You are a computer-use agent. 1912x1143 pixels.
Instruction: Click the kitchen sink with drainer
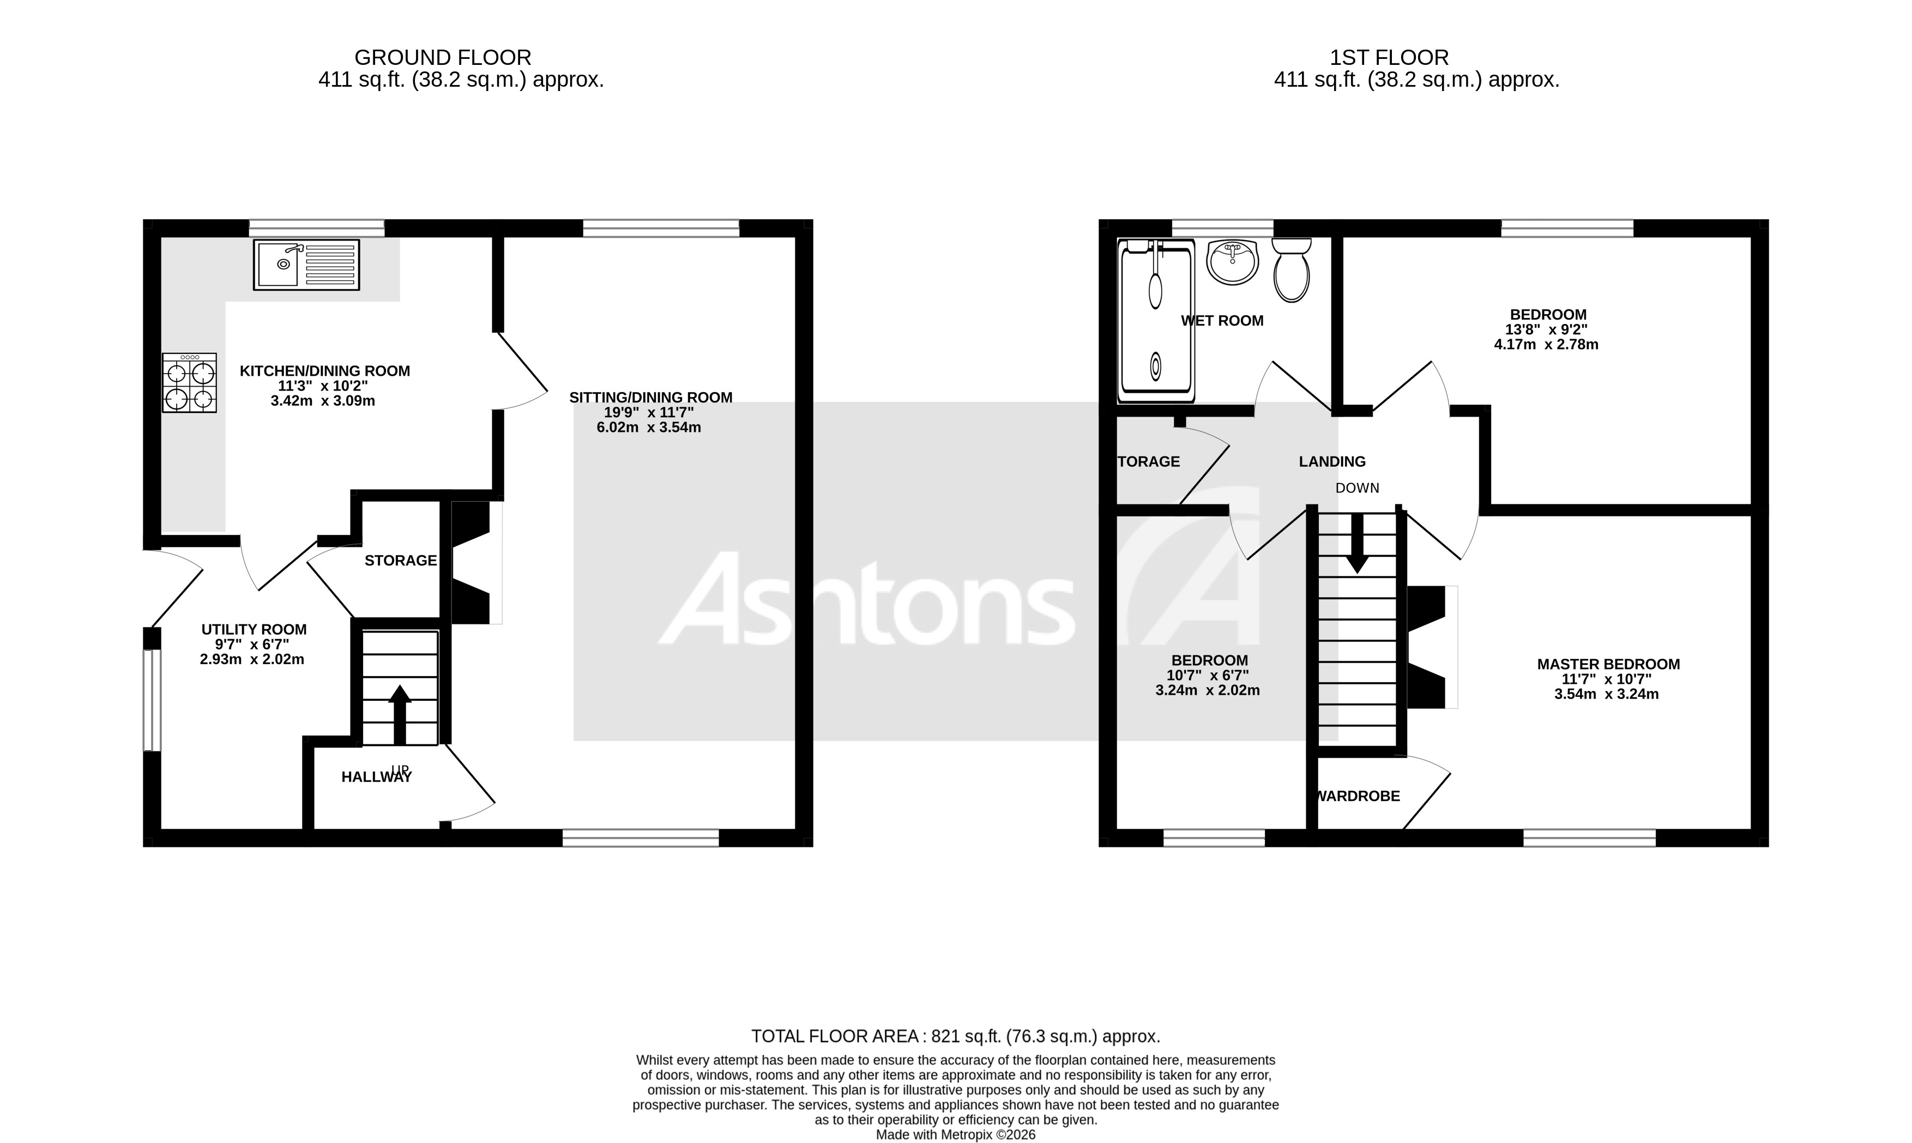pos(306,265)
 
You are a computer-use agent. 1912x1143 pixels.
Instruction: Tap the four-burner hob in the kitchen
pos(189,383)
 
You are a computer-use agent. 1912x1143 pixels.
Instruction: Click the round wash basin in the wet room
pos(1233,262)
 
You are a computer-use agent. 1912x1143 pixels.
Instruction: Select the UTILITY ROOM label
pos(254,629)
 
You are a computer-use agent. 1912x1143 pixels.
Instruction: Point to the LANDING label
pos(1332,461)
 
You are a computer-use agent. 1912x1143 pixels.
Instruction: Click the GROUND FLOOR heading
pos(443,58)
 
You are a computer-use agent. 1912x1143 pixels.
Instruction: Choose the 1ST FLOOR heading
pos(1389,58)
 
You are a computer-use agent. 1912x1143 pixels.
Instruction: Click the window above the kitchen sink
pos(316,228)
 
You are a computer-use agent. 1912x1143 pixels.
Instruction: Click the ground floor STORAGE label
pos(400,561)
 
